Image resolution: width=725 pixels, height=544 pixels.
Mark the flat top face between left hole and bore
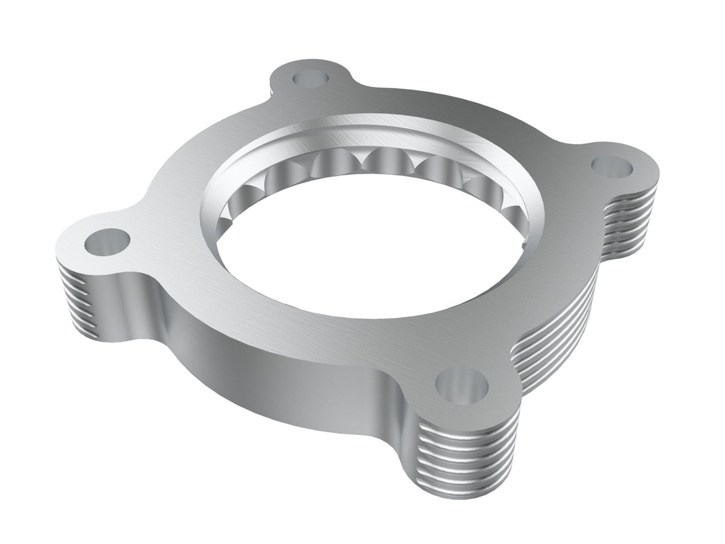173,239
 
